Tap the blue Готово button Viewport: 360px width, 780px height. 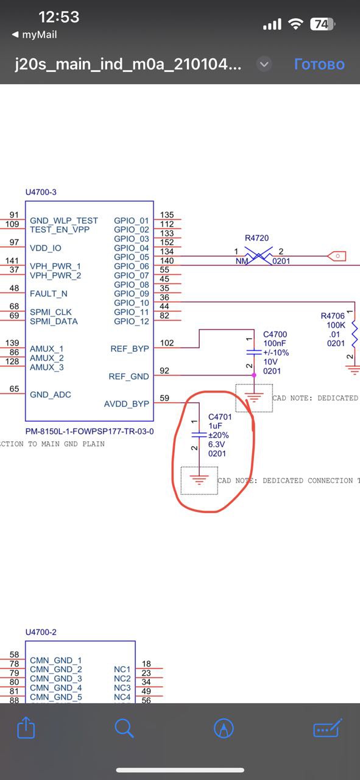(319, 64)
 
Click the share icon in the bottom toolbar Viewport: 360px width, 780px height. (26, 727)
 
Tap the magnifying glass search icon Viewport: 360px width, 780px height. (124, 728)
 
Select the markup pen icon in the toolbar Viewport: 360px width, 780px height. (224, 728)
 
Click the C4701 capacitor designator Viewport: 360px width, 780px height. (220, 416)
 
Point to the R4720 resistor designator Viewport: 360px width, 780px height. (256, 238)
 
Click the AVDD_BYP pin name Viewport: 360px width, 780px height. (126, 404)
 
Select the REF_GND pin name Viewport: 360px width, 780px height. (129, 377)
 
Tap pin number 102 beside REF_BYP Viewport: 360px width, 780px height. (167, 343)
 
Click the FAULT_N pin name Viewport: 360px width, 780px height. (48, 294)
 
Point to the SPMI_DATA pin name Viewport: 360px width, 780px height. (54, 321)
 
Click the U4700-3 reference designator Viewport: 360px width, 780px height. (41, 192)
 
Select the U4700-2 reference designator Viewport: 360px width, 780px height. (41, 632)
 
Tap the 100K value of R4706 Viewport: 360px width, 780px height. (336, 325)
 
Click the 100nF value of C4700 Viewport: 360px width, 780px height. (274, 343)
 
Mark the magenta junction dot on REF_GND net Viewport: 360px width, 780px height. (254, 375)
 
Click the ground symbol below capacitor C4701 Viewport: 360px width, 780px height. (199, 480)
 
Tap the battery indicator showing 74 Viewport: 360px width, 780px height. (322, 24)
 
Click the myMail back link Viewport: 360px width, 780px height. (34, 35)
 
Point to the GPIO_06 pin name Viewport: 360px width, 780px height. (131, 266)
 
